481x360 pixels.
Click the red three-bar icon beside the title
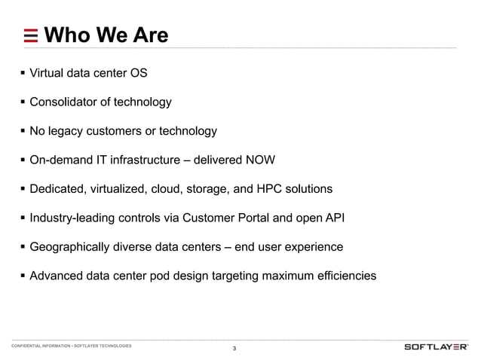pyautogui.click(x=31, y=35)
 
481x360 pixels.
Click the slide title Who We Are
pyautogui.click(x=106, y=35)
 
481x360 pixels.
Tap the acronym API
pyautogui.click(x=335, y=218)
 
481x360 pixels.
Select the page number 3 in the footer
pyautogui.click(x=234, y=348)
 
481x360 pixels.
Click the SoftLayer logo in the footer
pyautogui.click(x=437, y=346)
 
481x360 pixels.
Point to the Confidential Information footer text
pyautogui.click(x=72, y=346)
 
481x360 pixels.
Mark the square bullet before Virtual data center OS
pyautogui.click(x=23, y=74)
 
